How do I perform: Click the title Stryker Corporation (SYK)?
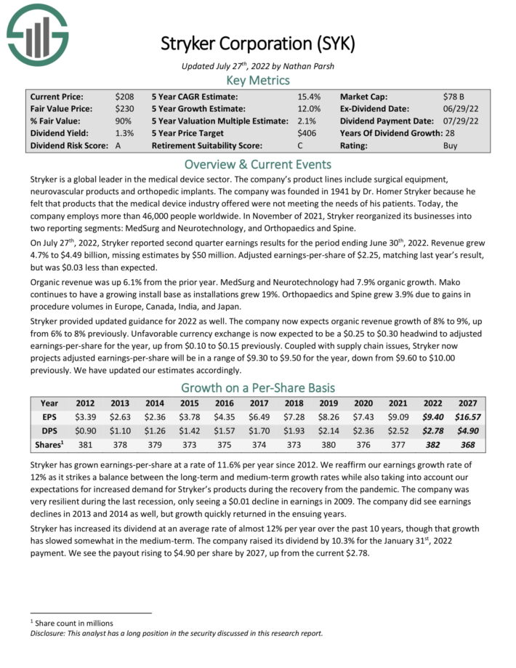(x=258, y=43)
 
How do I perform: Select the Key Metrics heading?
(x=258, y=80)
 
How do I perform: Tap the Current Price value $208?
(x=124, y=96)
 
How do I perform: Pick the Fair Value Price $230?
(x=124, y=108)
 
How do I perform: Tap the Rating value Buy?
(x=451, y=145)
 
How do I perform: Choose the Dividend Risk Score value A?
(x=118, y=145)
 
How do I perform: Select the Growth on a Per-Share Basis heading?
(x=258, y=387)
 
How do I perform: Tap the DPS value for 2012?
(x=85, y=432)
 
